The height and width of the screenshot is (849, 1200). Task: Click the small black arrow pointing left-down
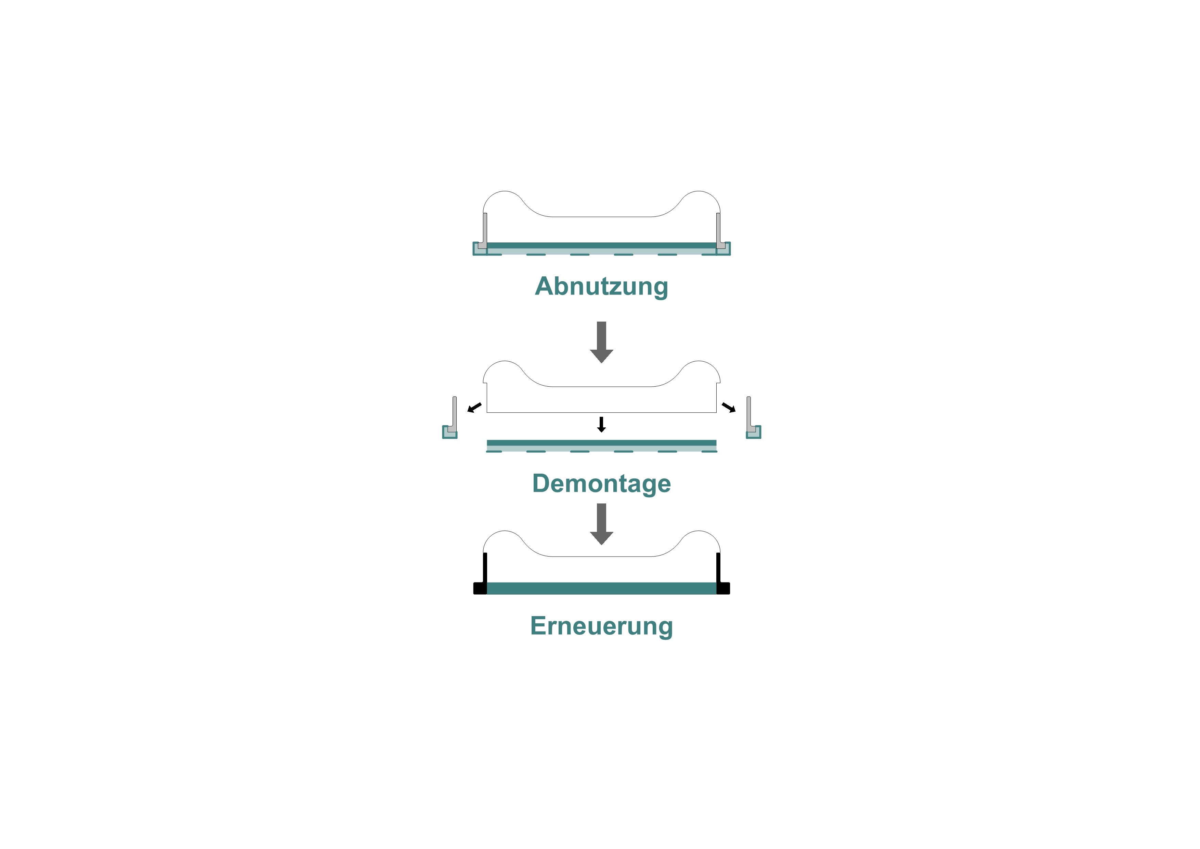pyautogui.click(x=474, y=408)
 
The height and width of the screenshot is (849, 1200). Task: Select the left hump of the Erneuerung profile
pyautogui.click(x=503, y=541)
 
